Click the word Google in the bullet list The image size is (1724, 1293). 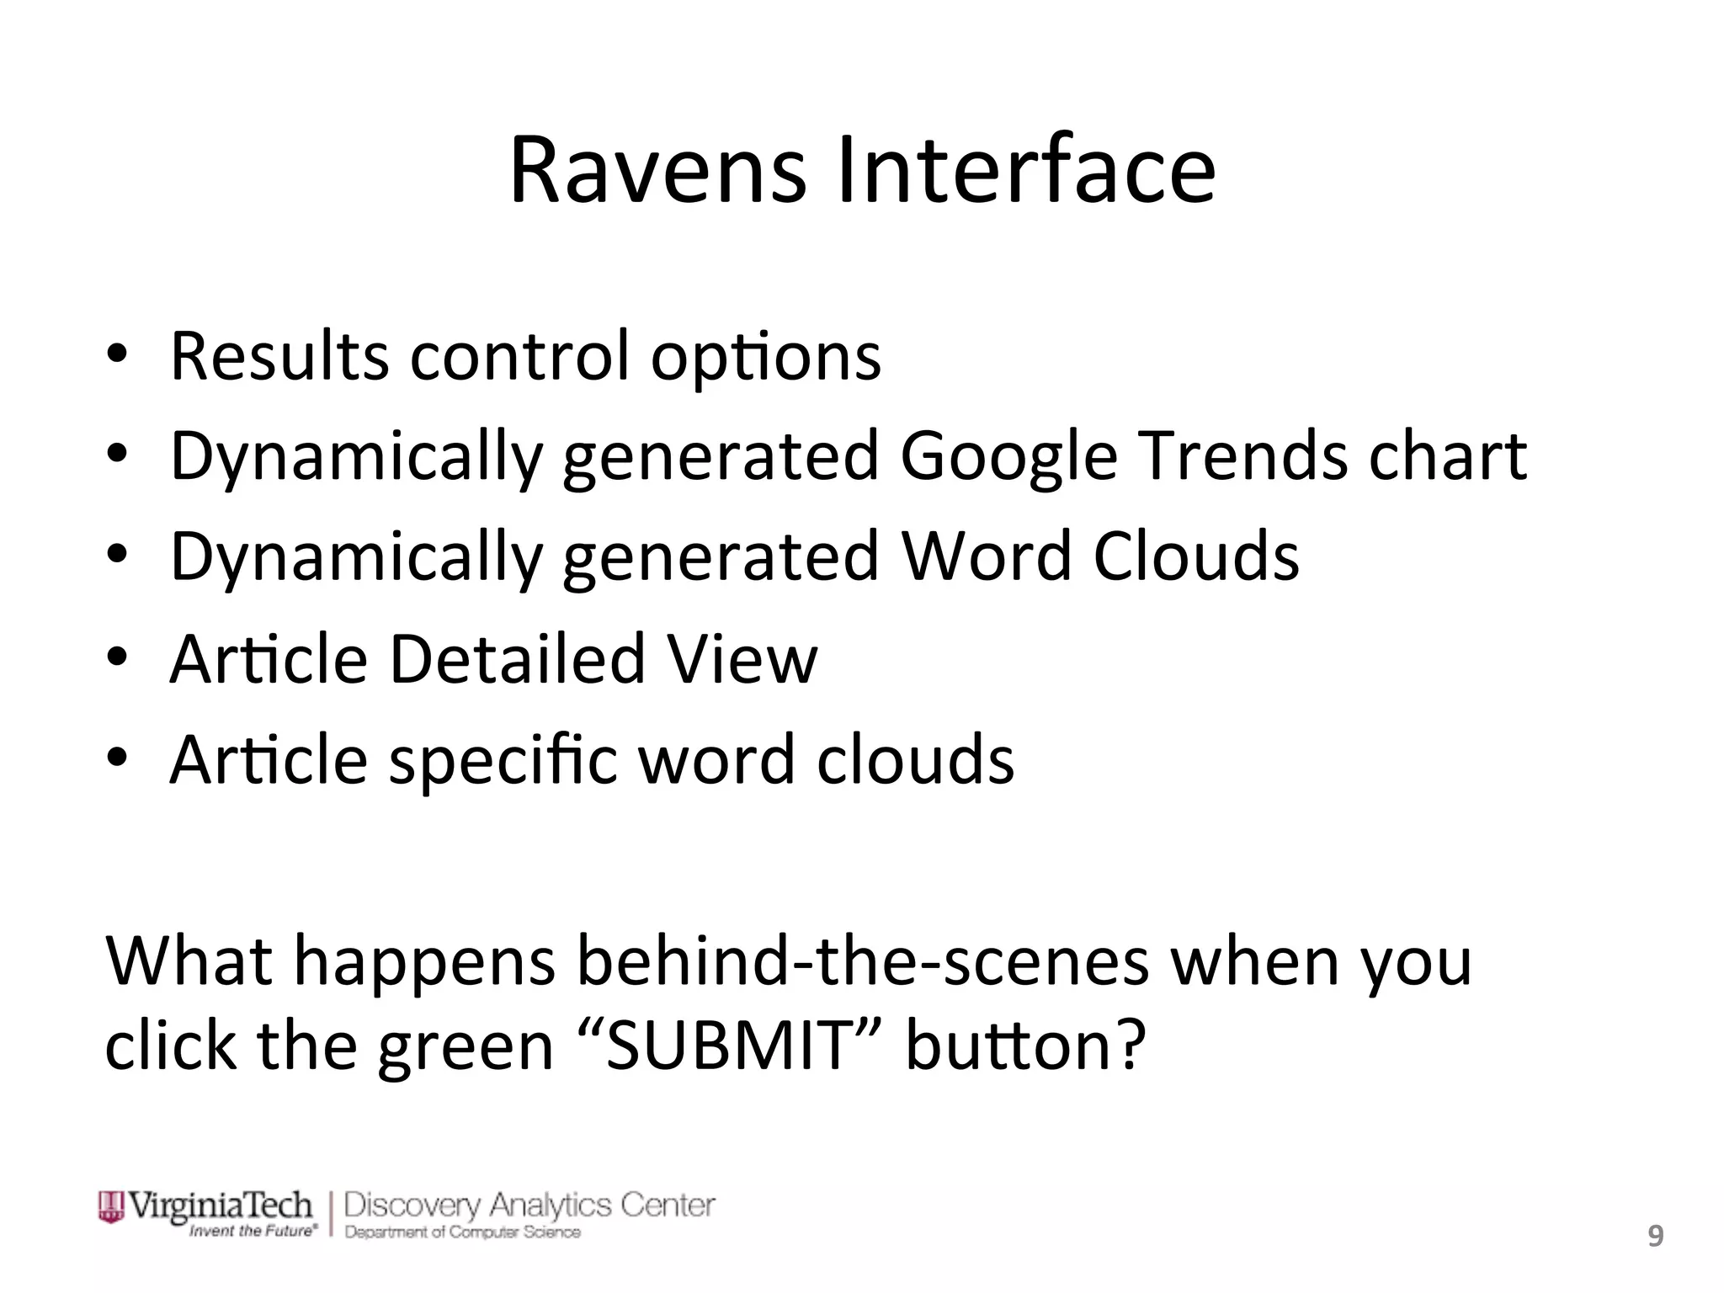1008,456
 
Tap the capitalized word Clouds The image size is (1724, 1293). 1195,556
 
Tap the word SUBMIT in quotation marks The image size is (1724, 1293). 729,1046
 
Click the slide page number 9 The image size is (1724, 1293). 1655,1237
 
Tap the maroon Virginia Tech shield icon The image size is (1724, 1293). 111,1206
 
